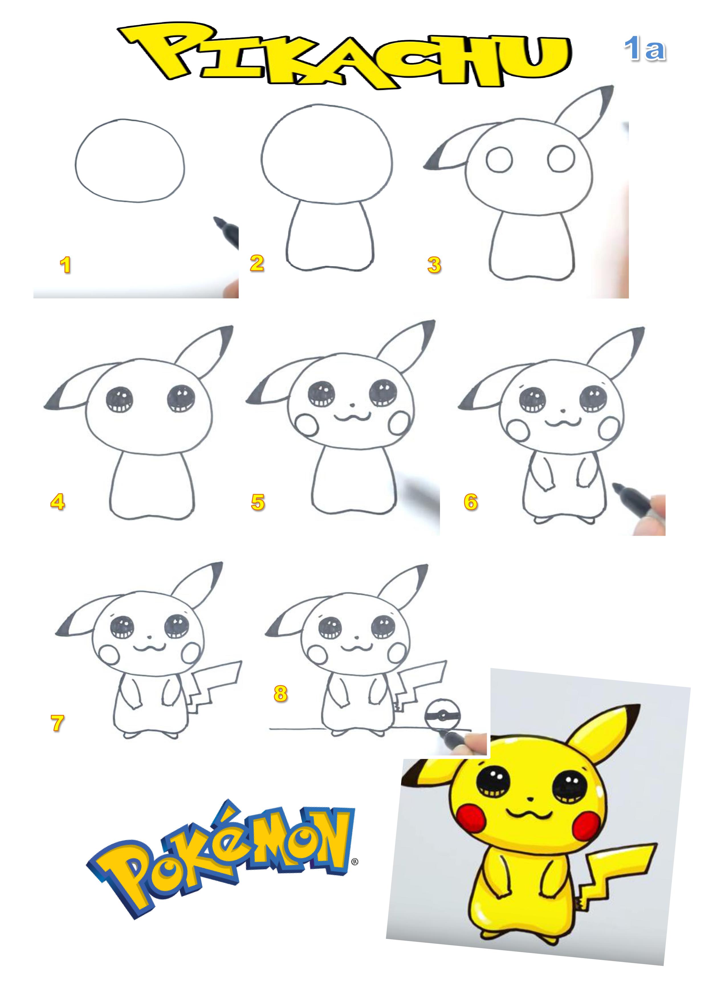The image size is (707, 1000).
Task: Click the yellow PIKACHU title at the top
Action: tap(344, 57)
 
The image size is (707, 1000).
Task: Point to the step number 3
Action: tap(434, 265)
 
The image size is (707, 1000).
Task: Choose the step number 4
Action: tap(58, 502)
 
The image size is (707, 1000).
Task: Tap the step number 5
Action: tap(258, 502)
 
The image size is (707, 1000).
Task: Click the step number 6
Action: tap(471, 502)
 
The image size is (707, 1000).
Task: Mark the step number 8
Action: tap(280, 693)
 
